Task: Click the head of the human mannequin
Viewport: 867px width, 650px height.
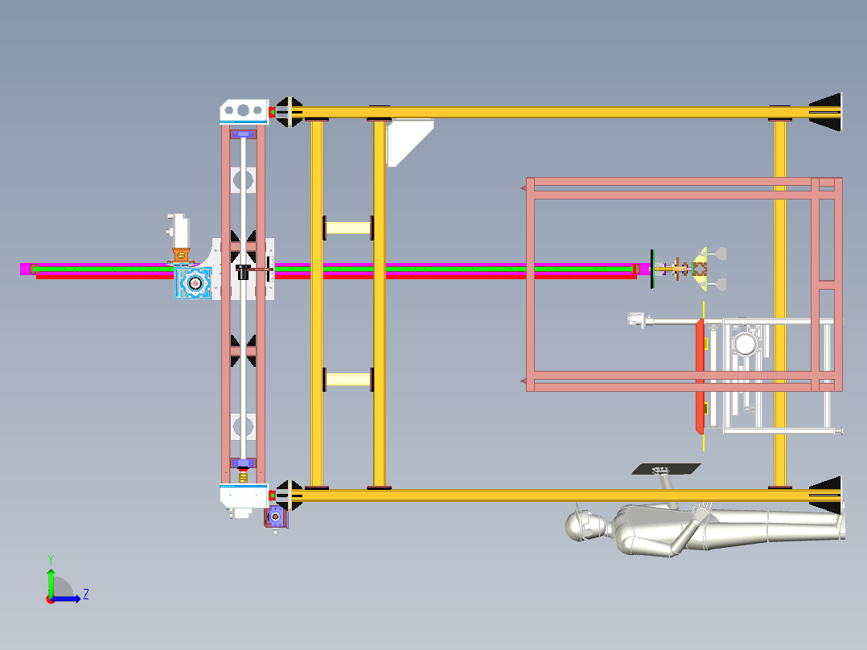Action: coord(586,526)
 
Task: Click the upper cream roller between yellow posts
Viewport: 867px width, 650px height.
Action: coord(348,228)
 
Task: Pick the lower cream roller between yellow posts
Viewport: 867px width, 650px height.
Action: coord(348,379)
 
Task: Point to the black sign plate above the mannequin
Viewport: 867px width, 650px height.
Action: coord(666,469)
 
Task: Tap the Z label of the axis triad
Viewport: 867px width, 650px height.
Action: coord(85,594)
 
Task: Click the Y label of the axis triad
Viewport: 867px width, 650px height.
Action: coord(50,558)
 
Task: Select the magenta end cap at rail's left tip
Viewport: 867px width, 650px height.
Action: coord(26,269)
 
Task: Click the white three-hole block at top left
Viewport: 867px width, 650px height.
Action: coord(244,109)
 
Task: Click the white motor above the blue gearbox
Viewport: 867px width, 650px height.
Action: coord(179,231)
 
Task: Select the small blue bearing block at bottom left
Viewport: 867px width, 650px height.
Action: coord(276,517)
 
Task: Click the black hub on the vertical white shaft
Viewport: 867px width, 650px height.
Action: coord(242,272)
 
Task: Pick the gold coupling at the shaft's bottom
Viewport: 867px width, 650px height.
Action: coord(243,475)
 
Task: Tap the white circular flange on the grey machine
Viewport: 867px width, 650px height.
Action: coord(745,344)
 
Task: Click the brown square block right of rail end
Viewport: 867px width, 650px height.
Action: coord(699,269)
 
